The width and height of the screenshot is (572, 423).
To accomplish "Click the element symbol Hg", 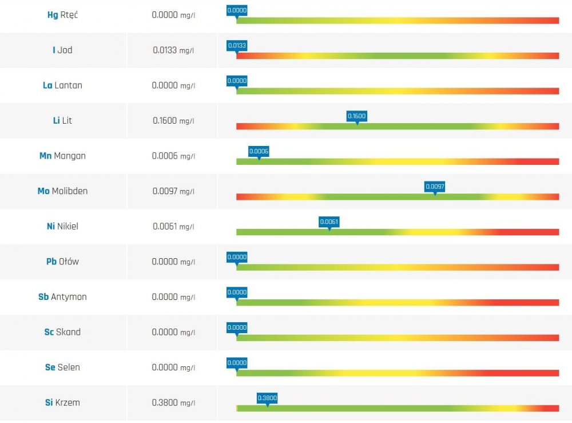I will pos(52,15).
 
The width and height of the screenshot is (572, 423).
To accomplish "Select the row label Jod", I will pos(65,50).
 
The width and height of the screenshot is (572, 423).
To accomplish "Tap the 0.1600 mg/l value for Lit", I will pos(173,121).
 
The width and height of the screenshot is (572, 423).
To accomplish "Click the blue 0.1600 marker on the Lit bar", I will pos(356,116).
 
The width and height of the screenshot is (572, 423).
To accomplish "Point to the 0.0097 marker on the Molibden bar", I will pos(435,187).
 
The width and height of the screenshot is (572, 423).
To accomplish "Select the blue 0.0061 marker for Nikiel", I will pos(329,222).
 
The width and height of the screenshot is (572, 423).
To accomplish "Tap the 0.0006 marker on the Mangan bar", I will pos(259,152).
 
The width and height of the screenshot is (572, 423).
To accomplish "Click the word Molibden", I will pos(70,191).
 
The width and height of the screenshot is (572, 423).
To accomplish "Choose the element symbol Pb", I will pos(51,262).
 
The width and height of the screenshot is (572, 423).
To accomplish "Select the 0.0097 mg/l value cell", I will pos(173,191).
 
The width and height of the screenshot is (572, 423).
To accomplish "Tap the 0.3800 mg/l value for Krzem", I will pos(173,403).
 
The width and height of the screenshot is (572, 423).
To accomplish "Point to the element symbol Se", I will pos(50,367).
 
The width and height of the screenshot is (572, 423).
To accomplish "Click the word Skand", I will pos(68,332).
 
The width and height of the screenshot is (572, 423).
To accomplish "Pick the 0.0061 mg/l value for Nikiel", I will pos(173,227).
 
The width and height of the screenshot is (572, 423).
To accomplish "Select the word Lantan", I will pos(68,85).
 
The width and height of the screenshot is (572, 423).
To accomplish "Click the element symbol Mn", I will pos(45,156).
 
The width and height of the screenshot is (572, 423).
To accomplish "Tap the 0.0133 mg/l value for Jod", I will pos(173,50).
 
